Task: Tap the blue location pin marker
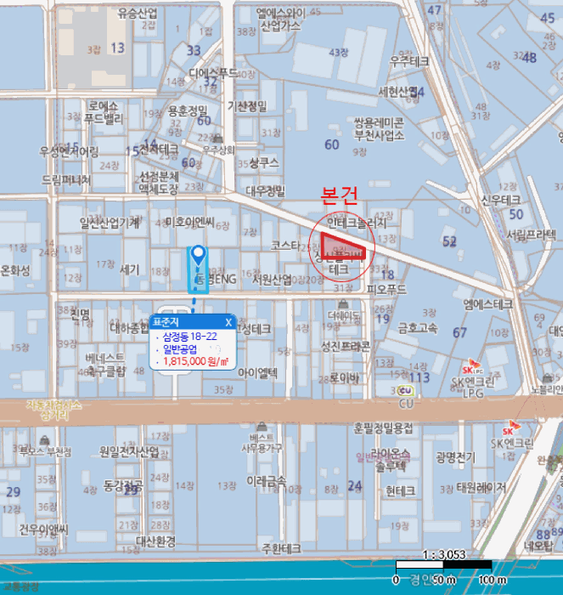click(x=198, y=254)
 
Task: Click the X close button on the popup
click(x=228, y=321)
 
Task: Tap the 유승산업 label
click(x=138, y=14)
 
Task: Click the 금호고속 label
click(x=418, y=326)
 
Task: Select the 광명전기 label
click(x=455, y=457)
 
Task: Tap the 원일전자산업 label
click(x=128, y=451)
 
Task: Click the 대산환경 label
click(x=155, y=541)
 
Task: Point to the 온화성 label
click(x=15, y=270)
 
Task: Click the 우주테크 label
click(x=409, y=61)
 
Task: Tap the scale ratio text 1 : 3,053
click(x=443, y=554)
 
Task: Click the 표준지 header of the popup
click(x=168, y=321)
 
